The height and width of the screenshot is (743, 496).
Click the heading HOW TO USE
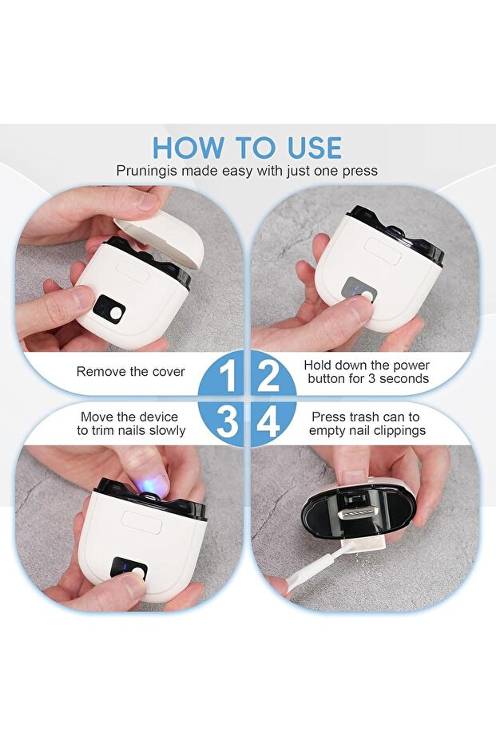[x=247, y=148]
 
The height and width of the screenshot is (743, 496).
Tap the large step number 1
[x=228, y=376]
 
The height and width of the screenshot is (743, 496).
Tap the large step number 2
[x=268, y=376]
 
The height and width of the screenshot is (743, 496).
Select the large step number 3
[x=227, y=421]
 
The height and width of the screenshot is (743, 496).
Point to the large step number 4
[x=268, y=421]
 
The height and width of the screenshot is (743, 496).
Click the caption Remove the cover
[x=130, y=372]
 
